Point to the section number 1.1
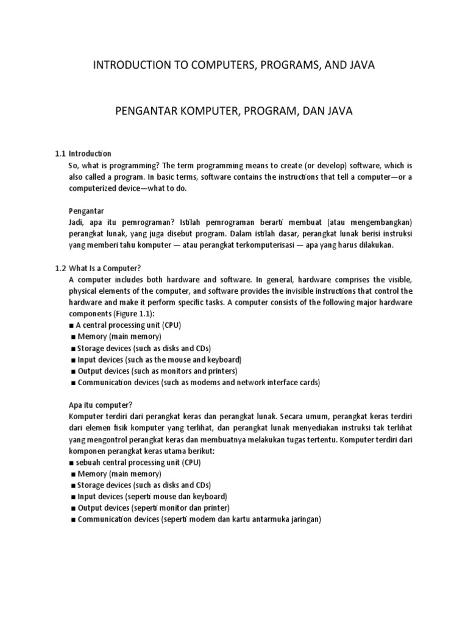click(60, 154)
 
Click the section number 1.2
click(60, 268)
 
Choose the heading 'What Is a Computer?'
click(105, 268)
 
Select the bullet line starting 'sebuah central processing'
click(137, 463)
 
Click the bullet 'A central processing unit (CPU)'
click(128, 325)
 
